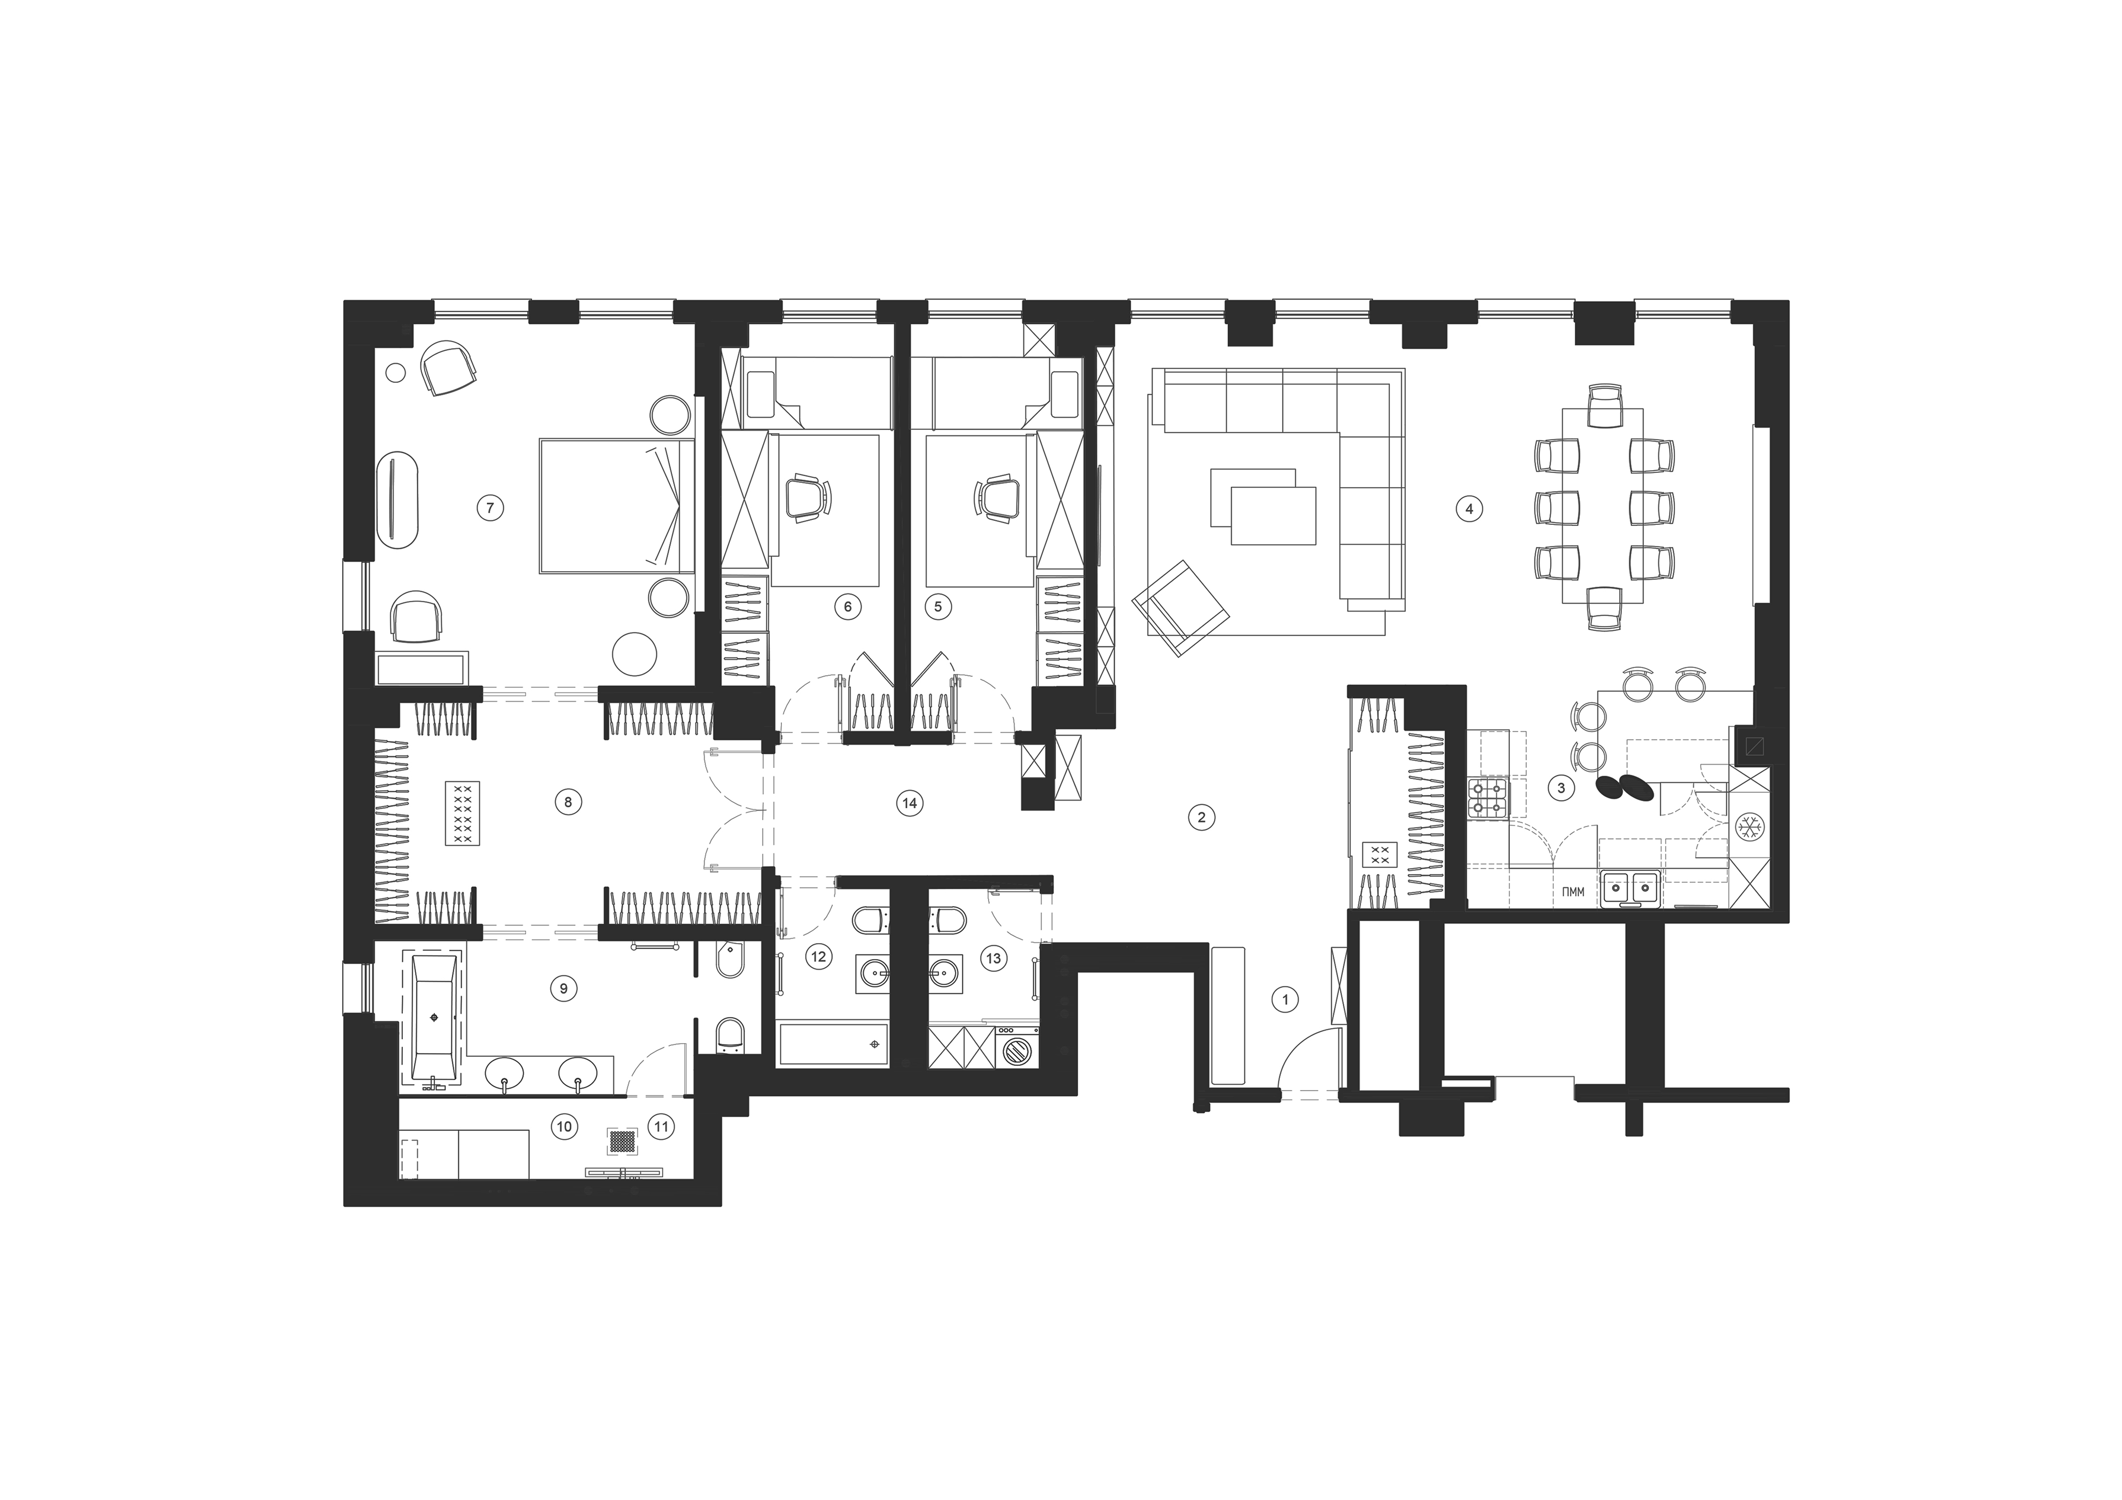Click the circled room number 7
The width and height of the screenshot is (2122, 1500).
(490, 507)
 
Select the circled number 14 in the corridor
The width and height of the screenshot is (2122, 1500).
(910, 803)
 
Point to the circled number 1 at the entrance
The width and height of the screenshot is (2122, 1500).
(1285, 998)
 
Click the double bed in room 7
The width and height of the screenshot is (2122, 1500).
(616, 504)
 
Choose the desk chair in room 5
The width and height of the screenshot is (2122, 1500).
(996, 499)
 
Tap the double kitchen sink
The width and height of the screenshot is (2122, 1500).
(1631, 889)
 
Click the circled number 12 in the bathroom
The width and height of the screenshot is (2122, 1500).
(818, 956)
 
